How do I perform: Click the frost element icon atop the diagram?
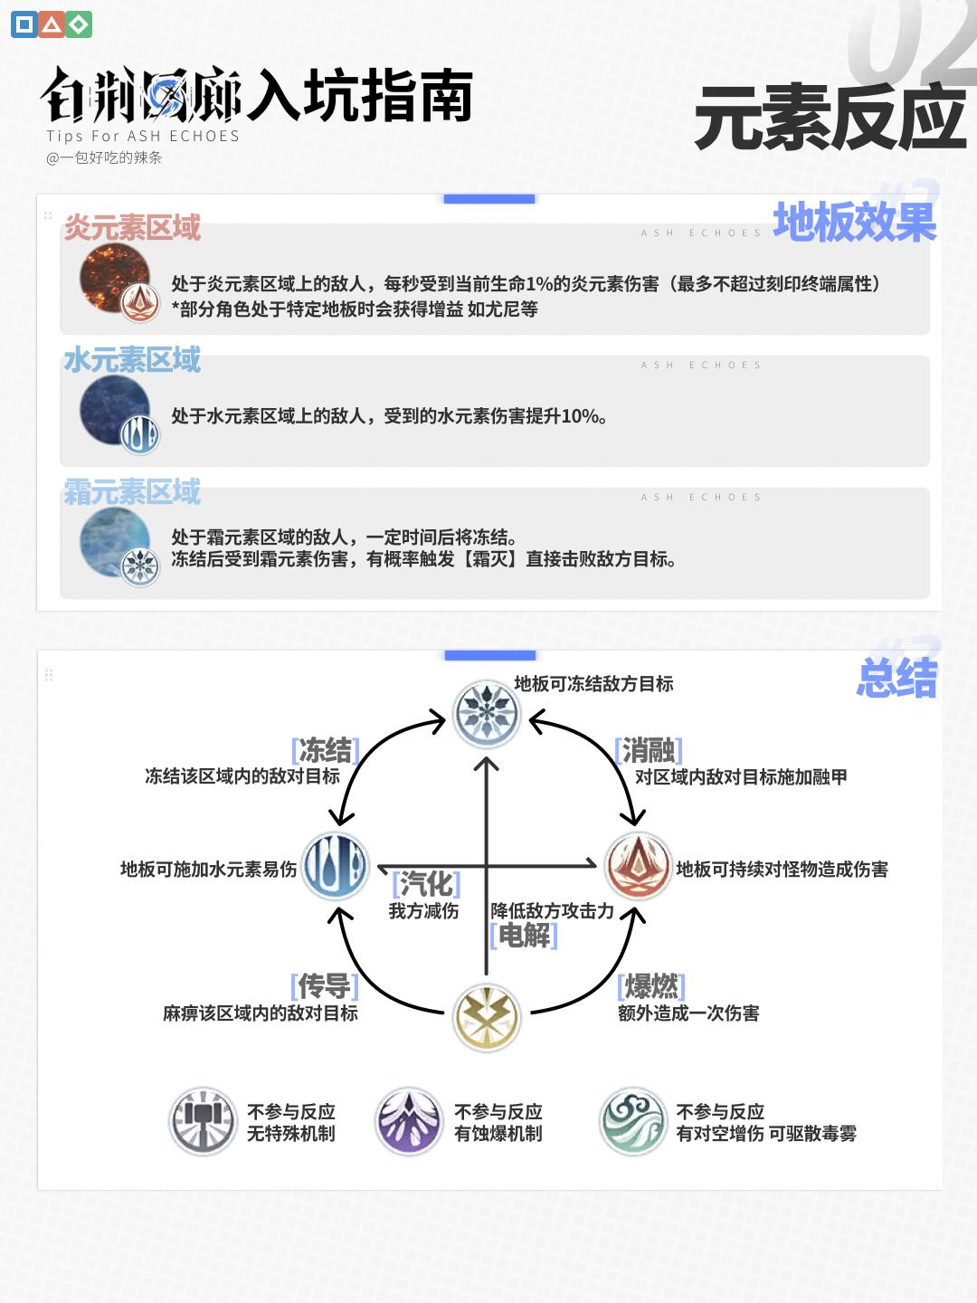pyautogui.click(x=487, y=714)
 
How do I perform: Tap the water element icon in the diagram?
pyautogui.click(x=335, y=866)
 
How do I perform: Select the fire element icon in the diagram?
pyautogui.click(x=638, y=866)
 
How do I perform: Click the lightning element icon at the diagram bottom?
pyautogui.click(x=487, y=1016)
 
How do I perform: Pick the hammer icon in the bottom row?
pyautogui.click(x=204, y=1122)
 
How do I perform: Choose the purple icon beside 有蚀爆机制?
pyautogui.click(x=409, y=1122)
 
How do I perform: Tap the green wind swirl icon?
pyautogui.click(x=633, y=1122)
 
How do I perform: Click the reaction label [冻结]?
pyautogui.click(x=326, y=750)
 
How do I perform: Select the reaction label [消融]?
pyautogui.click(x=648, y=750)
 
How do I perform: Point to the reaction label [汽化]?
pyautogui.click(x=426, y=883)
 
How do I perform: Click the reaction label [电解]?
pyautogui.click(x=523, y=935)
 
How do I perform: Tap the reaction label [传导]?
pyautogui.click(x=325, y=985)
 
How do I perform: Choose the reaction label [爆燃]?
pyautogui.click(x=651, y=985)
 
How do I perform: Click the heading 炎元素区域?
pyautogui.click(x=132, y=227)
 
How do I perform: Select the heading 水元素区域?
pyautogui.click(x=132, y=360)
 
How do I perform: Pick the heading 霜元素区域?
pyautogui.click(x=132, y=492)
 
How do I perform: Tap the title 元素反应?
pyautogui.click(x=830, y=118)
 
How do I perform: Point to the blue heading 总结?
pyautogui.click(x=896, y=679)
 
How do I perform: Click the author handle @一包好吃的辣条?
pyautogui.click(x=104, y=157)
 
